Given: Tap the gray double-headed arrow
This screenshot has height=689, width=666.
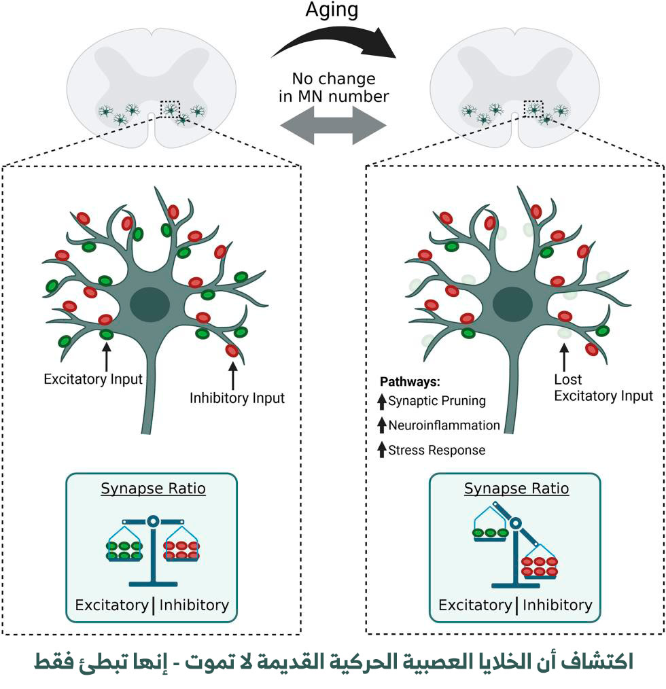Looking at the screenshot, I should [333, 126].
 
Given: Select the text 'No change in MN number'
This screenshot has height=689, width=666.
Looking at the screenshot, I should [334, 87].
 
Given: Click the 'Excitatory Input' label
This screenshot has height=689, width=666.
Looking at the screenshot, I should [93, 378].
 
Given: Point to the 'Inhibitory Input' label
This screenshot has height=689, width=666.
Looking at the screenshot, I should [236, 397].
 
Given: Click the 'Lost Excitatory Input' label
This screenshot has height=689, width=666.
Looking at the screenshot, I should [603, 387].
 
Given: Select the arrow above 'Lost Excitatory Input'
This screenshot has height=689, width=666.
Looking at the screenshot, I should [563, 355].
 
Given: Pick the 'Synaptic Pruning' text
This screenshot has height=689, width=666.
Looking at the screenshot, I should [437, 400].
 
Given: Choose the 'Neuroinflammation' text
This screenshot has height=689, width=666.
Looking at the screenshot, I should [444, 425].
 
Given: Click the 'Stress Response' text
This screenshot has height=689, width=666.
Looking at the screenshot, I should [437, 450].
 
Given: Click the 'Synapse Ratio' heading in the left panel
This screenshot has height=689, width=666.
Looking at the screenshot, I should [153, 489].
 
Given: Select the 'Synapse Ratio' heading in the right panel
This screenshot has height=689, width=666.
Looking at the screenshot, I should [516, 489].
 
